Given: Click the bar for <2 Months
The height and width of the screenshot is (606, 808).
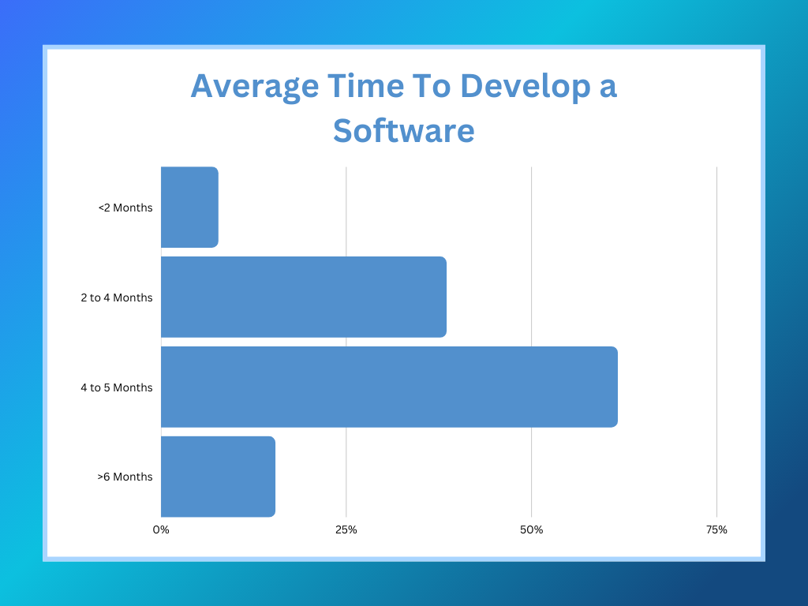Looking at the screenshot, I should pos(189,207).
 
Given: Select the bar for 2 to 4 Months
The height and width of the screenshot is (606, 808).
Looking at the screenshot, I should pos(303,297).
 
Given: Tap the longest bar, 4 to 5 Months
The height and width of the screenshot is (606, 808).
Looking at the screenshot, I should pos(389,387).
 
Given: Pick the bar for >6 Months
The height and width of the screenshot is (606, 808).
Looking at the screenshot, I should pos(218,477).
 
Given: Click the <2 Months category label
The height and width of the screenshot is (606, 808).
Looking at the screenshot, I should pos(125,208).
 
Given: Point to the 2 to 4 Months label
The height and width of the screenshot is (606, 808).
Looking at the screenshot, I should pos(117,297).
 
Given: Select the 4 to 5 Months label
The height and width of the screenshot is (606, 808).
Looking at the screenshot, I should pos(117,387).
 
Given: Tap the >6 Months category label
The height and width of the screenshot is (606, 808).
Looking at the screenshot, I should pos(125,477).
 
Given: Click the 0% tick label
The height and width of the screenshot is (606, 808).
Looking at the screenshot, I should pos(161,529).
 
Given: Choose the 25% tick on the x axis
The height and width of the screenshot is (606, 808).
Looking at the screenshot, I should pos(346,529).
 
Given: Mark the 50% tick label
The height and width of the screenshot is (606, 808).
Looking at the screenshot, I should pos(531,529).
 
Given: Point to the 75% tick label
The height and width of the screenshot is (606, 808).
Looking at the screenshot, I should pos(716,529).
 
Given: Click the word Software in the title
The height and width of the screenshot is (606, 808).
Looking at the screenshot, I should pos(403,130).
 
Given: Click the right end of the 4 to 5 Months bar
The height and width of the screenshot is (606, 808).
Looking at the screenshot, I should pos(615,387).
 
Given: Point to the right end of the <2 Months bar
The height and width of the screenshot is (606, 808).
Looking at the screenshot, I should pos(216,207).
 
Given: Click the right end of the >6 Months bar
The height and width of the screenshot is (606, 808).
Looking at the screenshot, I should pos(273,477).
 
